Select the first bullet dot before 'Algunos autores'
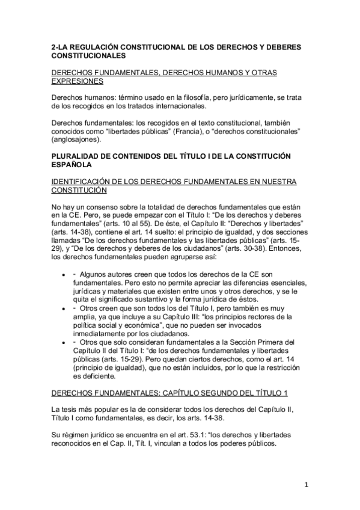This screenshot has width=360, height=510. [x=64, y=273]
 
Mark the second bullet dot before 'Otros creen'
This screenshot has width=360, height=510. [x=64, y=307]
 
